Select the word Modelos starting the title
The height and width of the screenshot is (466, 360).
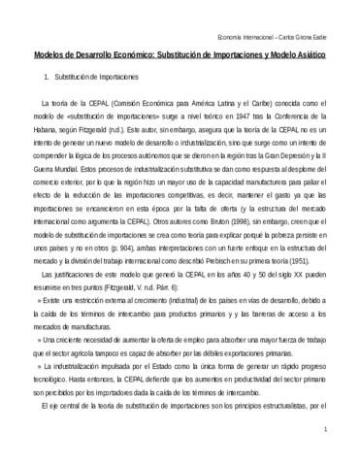pos(40,56)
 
